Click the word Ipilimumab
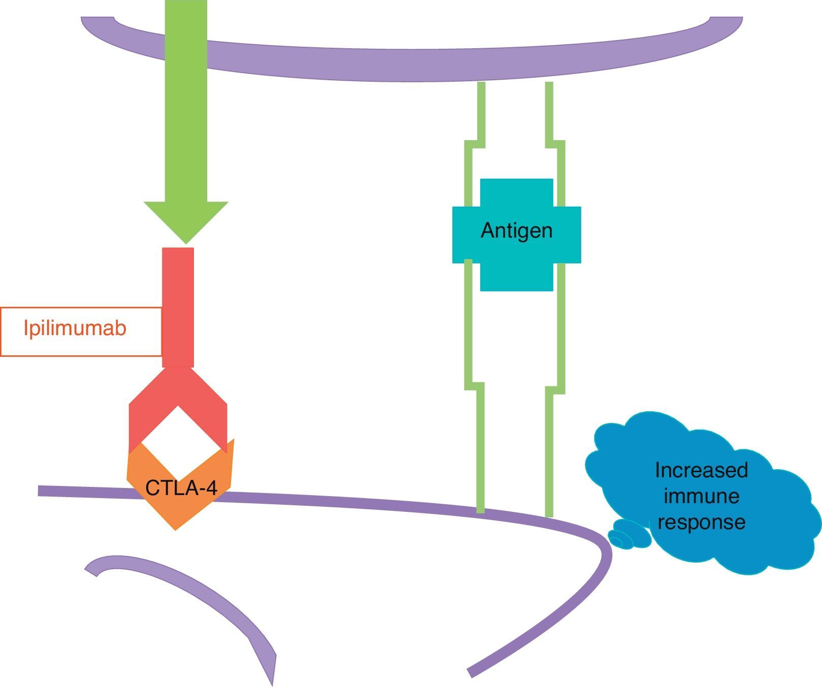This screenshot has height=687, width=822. click(x=75, y=329)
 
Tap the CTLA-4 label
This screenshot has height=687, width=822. click(x=181, y=488)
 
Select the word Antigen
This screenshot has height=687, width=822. click(x=516, y=231)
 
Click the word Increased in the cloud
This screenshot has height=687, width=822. click(x=701, y=470)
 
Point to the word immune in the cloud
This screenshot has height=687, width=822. click(x=701, y=496)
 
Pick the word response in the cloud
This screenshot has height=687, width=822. click(x=701, y=522)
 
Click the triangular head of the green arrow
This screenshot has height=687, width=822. click(x=186, y=218)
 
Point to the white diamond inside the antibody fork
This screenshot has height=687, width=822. click(x=178, y=437)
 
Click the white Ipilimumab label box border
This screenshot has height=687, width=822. click(x=81, y=308)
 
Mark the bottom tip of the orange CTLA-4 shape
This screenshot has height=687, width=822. click(x=176, y=528)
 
